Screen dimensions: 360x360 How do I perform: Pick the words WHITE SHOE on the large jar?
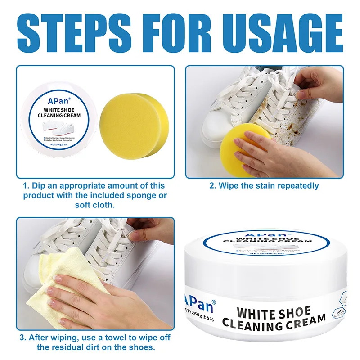[273, 312]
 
